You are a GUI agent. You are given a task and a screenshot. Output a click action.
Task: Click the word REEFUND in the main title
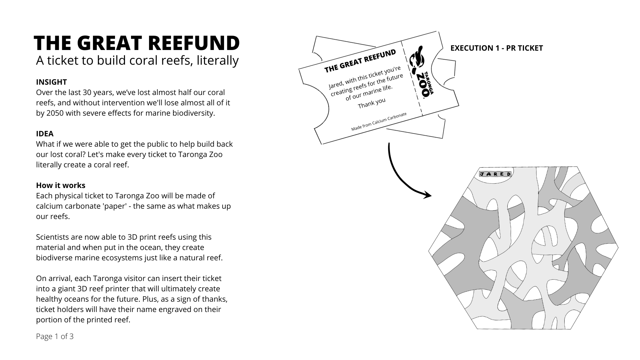coord(193,43)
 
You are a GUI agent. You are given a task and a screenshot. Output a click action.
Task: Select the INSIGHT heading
coord(51,82)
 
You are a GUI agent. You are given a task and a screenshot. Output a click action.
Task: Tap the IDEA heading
coord(45,134)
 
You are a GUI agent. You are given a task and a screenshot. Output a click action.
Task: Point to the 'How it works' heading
coord(61,185)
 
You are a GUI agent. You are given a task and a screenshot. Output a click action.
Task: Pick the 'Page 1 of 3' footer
coord(55,336)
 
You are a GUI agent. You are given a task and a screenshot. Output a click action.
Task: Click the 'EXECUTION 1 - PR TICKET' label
coord(496,48)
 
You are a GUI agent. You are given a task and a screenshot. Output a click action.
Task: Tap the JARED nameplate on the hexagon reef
coord(495,174)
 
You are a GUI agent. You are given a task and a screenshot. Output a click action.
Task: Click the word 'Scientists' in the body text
coord(52,237)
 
